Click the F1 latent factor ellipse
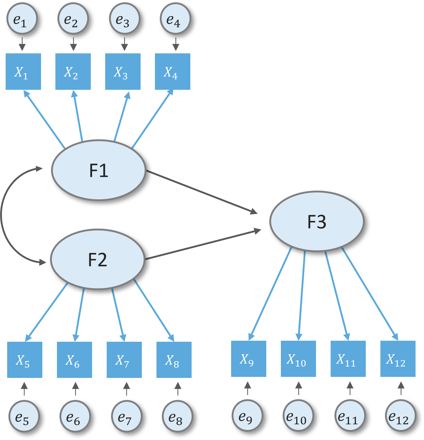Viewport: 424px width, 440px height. pyautogui.click(x=99, y=170)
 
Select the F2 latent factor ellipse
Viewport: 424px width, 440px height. pyautogui.click(x=98, y=259)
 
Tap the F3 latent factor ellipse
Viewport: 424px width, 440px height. pyautogui.click(x=317, y=221)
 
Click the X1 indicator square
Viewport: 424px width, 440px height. pyautogui.click(x=23, y=72)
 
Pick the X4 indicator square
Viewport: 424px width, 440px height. pyautogui.click(x=173, y=72)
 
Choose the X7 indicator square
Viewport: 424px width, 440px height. pyautogui.click(x=124, y=360)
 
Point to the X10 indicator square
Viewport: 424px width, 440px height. pyautogui.click(x=298, y=359)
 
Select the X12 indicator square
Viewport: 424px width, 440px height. pyautogui.click(x=398, y=359)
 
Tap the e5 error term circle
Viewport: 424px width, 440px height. pyautogui.click(x=24, y=416)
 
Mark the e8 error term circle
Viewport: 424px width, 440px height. pyautogui.click(x=178, y=416)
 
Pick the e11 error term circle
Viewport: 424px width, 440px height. pyautogui.click(x=350, y=415)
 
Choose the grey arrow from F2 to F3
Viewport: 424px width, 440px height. pyautogui.click(x=203, y=245)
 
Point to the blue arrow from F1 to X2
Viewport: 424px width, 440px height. pyautogui.click(x=78, y=115)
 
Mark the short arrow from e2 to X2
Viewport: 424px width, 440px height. pyautogui.click(x=73, y=44)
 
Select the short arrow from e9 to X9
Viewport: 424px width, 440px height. pyautogui.click(x=248, y=388)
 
